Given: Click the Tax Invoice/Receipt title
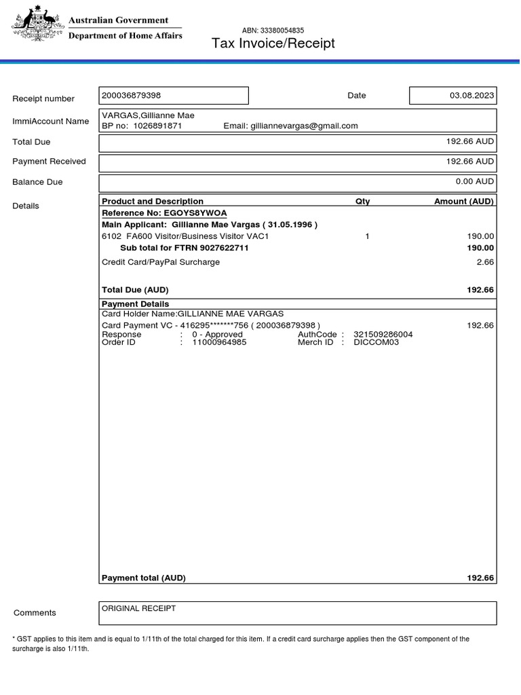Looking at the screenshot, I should [x=273, y=44].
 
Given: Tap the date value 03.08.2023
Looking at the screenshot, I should [x=471, y=96].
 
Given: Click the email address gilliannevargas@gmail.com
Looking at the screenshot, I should [x=304, y=126].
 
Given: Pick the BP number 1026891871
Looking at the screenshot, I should [x=157, y=126].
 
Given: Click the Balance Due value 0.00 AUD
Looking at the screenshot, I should [x=474, y=182].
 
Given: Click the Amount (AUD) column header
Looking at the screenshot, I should [x=464, y=202].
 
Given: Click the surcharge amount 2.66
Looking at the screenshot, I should [x=484, y=262].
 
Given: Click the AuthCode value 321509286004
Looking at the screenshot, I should [x=383, y=335].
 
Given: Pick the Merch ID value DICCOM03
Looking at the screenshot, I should [x=377, y=343].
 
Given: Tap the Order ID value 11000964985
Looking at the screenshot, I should [x=219, y=343].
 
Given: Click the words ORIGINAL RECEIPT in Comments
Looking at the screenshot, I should [x=138, y=609].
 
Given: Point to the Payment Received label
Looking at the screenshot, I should [x=49, y=162].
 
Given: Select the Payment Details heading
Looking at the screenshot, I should [x=135, y=304].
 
